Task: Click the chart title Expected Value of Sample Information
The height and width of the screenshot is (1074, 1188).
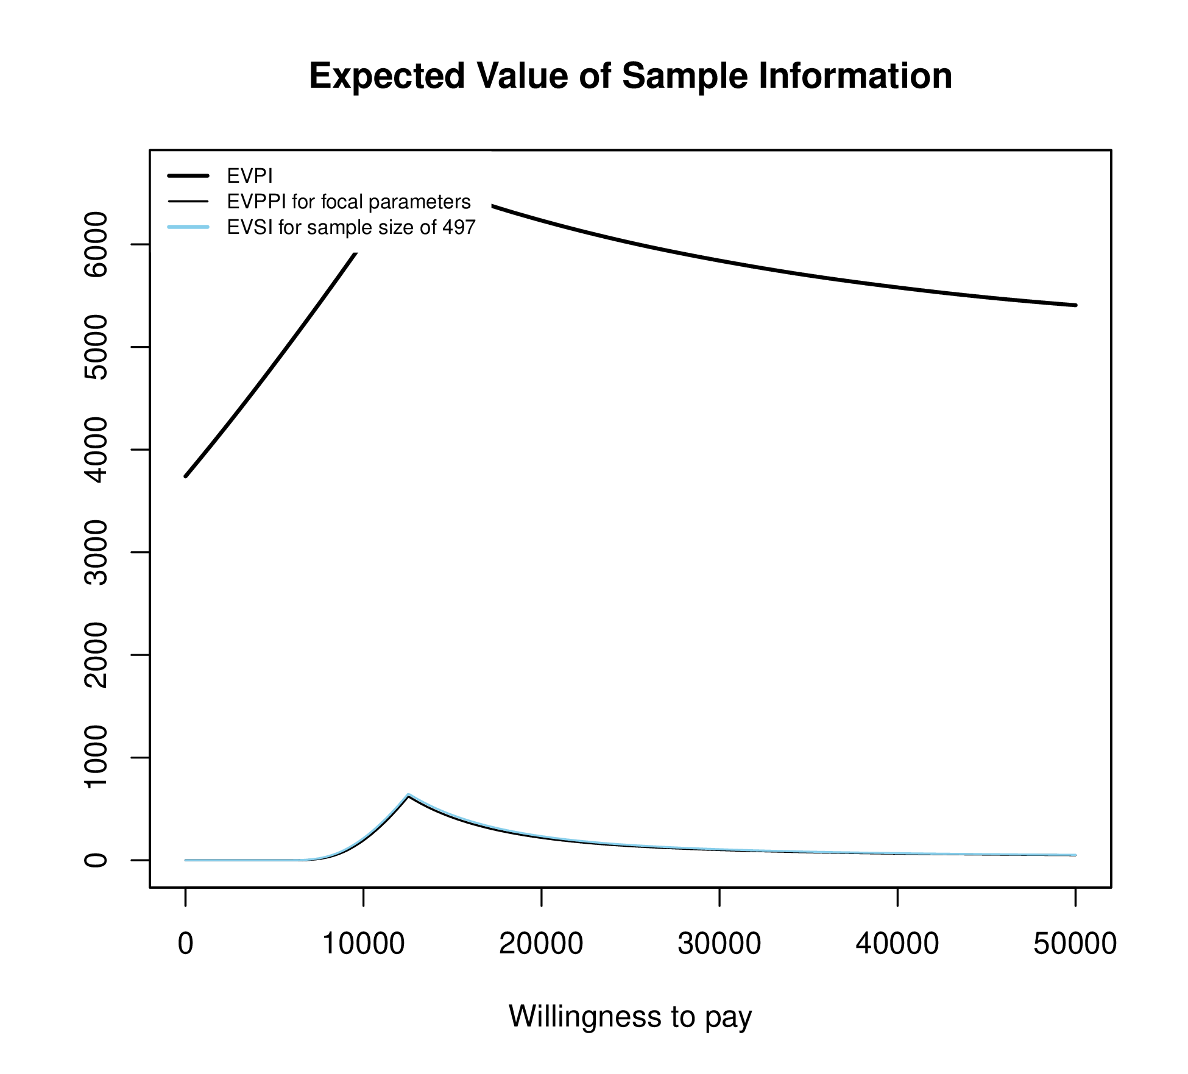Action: pyautogui.click(x=631, y=76)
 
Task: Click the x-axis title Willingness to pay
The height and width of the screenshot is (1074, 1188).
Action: pyautogui.click(x=631, y=1016)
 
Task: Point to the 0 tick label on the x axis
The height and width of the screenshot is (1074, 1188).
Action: pyautogui.click(x=185, y=944)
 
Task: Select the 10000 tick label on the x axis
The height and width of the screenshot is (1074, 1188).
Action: pyautogui.click(x=363, y=944)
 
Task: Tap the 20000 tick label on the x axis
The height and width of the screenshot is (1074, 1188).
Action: pyautogui.click(x=541, y=944)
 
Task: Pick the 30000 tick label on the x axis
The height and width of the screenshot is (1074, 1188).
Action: pyautogui.click(x=720, y=944)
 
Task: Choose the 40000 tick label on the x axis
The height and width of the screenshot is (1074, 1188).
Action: pyautogui.click(x=897, y=944)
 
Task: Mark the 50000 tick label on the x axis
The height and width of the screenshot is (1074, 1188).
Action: pyautogui.click(x=1075, y=944)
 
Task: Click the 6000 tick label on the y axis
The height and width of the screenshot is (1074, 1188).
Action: pyautogui.click(x=96, y=244)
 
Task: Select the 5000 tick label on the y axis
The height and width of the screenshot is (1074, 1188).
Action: pyautogui.click(x=96, y=347)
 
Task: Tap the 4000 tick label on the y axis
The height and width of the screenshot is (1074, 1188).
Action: pyautogui.click(x=96, y=450)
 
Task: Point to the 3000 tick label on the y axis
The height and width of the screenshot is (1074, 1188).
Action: pyautogui.click(x=96, y=553)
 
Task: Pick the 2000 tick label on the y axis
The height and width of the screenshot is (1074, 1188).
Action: pyautogui.click(x=96, y=655)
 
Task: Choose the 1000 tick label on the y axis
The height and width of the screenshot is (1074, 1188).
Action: pyautogui.click(x=96, y=757)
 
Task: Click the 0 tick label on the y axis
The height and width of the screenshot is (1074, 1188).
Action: pyautogui.click(x=96, y=860)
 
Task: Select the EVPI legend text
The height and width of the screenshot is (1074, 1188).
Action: pyautogui.click(x=250, y=176)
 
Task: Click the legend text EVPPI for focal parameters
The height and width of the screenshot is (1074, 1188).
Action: pyautogui.click(x=348, y=202)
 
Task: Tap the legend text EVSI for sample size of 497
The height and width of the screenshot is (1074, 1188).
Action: pyautogui.click(x=351, y=227)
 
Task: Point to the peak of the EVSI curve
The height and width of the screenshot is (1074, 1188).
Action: pyautogui.click(x=408, y=795)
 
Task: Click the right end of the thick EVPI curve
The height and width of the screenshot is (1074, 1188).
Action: pyautogui.click(x=1075, y=305)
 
